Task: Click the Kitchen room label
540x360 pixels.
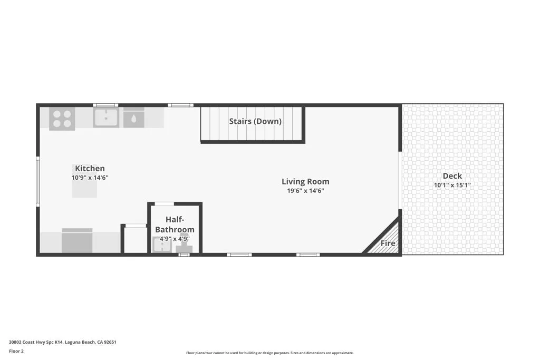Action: click(90, 169)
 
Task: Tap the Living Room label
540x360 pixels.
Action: click(305, 182)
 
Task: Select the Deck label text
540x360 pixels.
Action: click(452, 176)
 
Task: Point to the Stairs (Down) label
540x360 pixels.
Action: click(255, 121)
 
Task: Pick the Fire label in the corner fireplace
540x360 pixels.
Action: click(388, 244)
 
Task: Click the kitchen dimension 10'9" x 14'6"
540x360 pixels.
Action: click(90, 178)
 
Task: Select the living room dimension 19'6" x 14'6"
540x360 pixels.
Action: click(305, 191)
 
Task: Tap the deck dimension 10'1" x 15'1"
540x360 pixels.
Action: click(452, 186)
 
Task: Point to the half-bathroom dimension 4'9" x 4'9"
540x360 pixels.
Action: click(175, 239)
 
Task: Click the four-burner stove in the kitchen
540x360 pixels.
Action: click(62, 119)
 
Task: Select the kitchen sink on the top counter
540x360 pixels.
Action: click(106, 118)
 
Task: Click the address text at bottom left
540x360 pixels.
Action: click(62, 342)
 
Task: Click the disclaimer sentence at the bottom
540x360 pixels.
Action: click(269, 353)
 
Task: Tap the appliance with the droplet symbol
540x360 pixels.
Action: click(133, 119)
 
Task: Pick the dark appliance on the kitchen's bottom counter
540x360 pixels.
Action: click(77, 241)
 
